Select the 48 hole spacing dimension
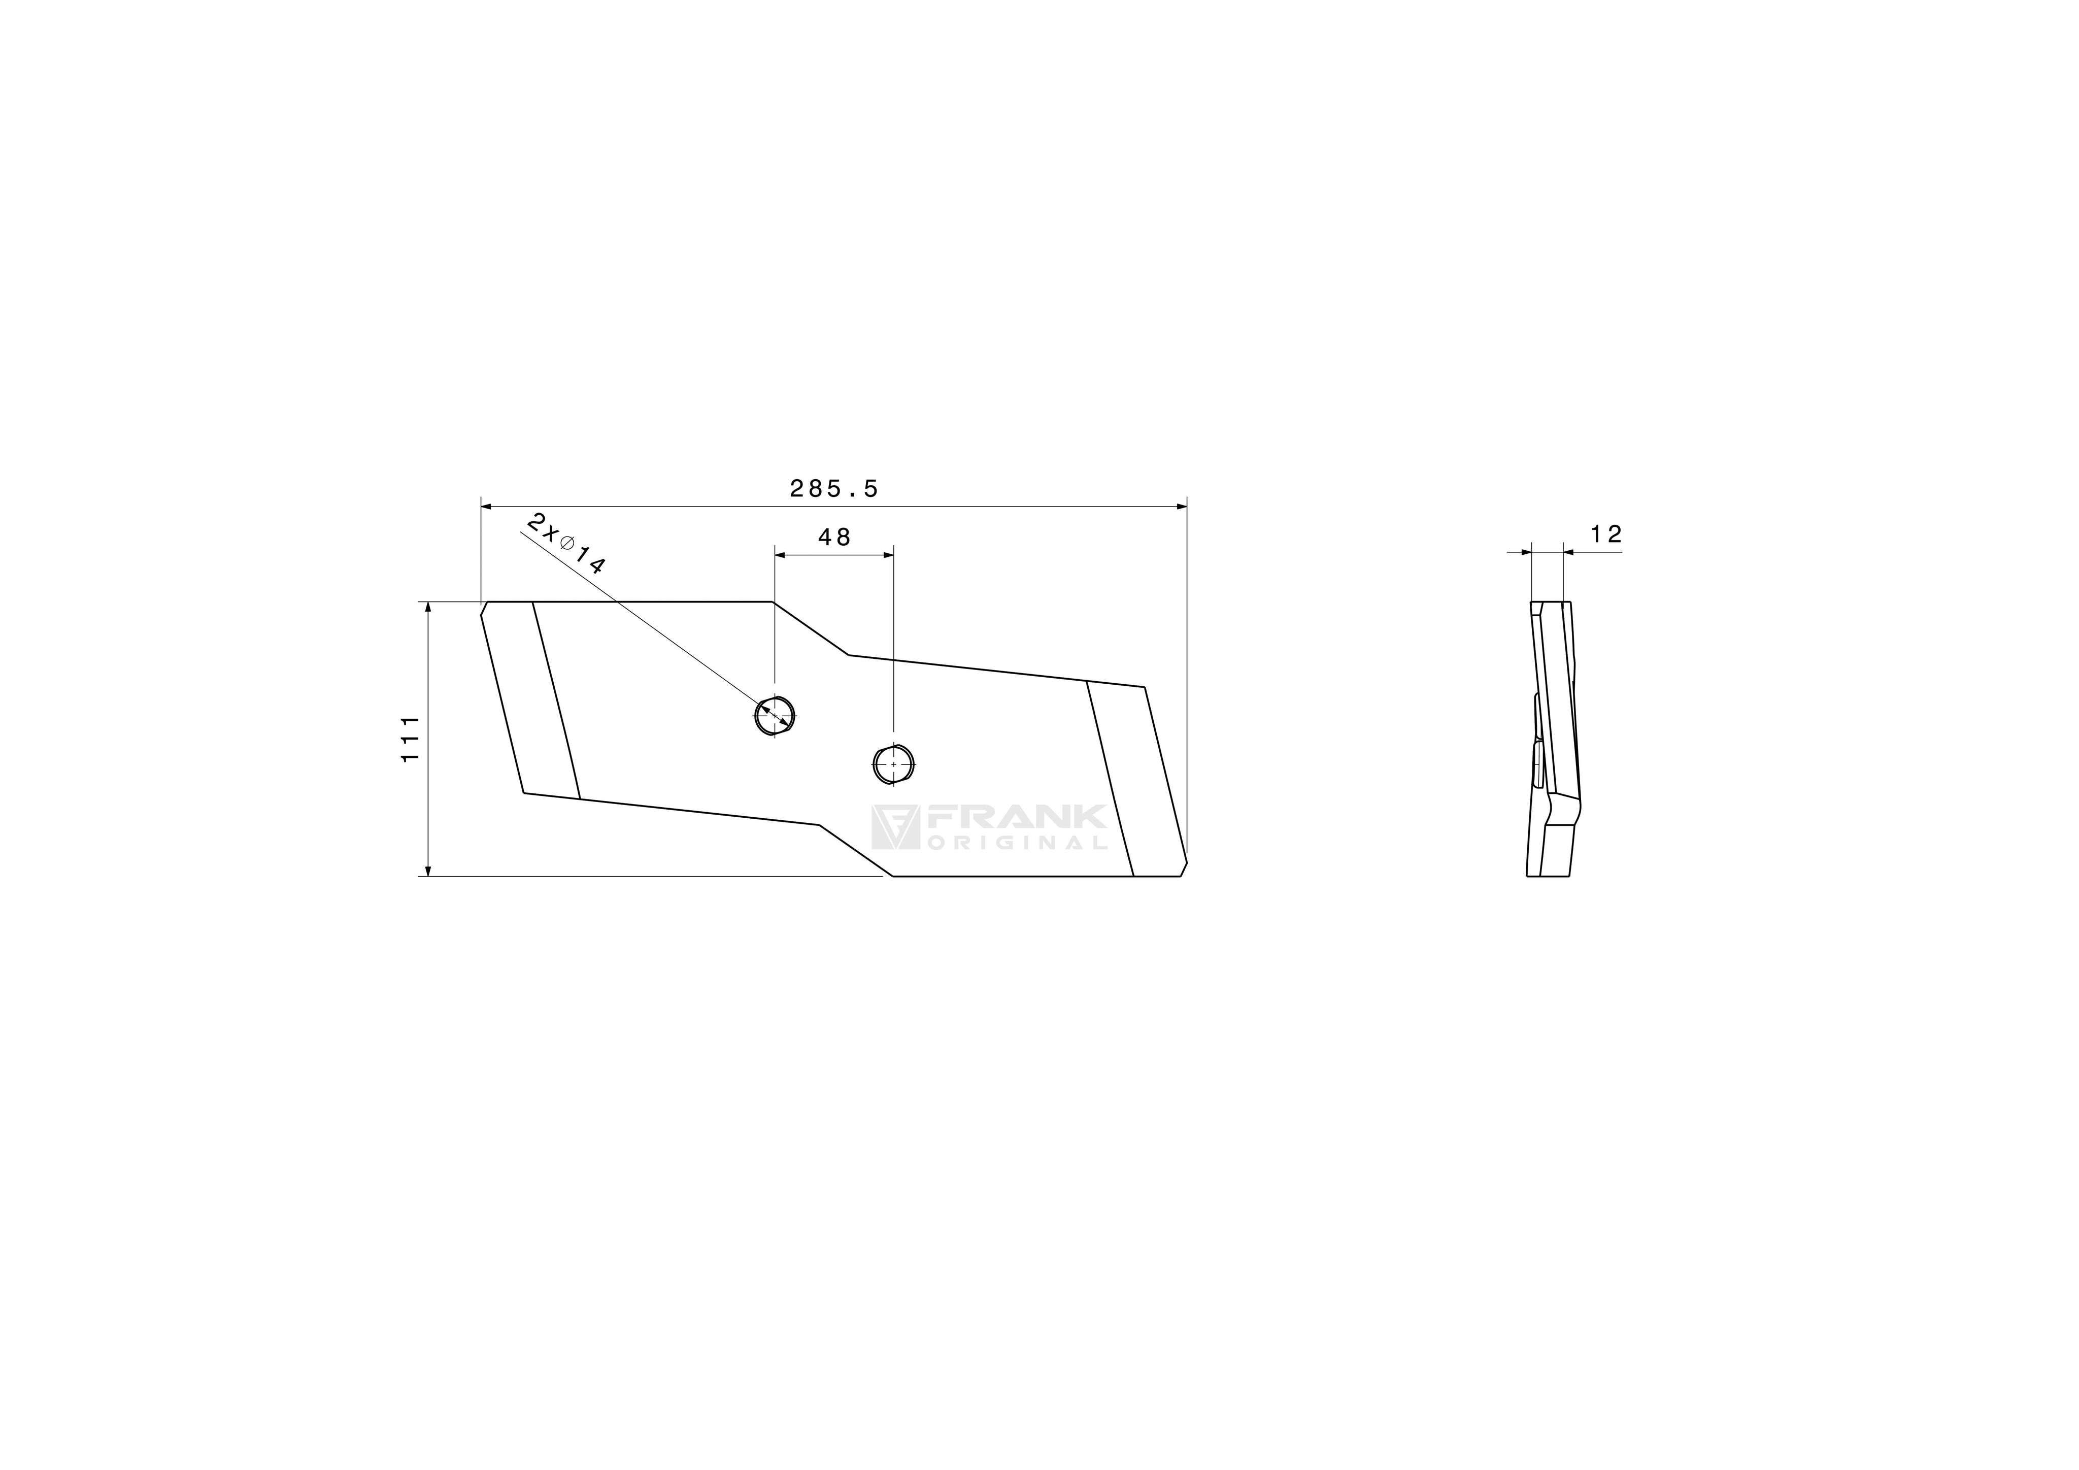coord(834,538)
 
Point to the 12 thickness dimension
coord(1605,534)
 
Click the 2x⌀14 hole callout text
coord(565,544)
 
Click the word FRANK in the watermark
coord(1015,816)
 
